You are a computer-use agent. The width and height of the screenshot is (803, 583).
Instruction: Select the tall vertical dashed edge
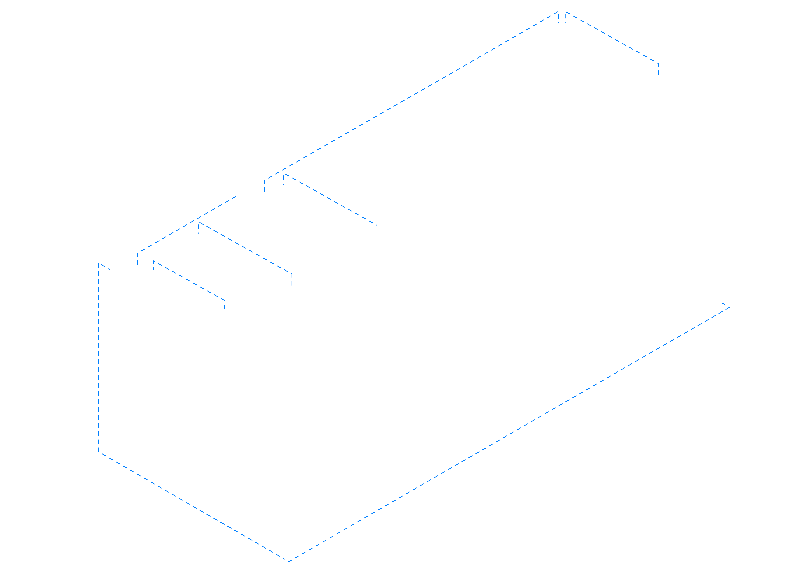[x=98, y=358]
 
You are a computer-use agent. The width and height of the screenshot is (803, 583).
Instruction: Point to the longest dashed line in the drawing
[x=509, y=435]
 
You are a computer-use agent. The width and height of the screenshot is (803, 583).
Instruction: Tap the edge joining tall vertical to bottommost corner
[x=193, y=507]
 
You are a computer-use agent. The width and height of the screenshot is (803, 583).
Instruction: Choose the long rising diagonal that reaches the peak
[x=411, y=96]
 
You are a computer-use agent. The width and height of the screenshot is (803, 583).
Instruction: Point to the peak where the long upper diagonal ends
[x=558, y=12]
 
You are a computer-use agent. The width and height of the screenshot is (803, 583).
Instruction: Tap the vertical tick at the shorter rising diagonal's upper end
[x=239, y=200]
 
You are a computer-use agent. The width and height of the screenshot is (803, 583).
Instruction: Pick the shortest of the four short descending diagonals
[x=189, y=281]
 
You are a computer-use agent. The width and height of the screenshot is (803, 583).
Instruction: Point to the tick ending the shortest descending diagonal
[x=224, y=305]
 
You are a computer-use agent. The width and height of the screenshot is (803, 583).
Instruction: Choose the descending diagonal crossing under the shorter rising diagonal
[x=245, y=248]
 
